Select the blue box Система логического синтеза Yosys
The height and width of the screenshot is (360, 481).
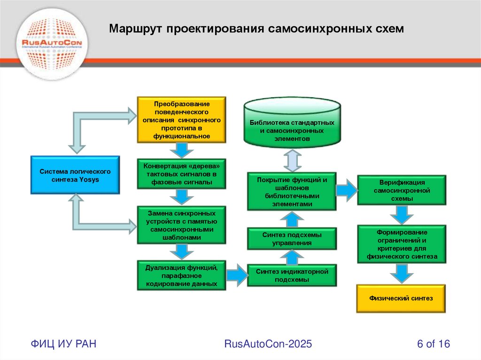pos(75,175)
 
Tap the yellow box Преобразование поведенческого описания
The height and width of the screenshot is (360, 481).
pos(181,120)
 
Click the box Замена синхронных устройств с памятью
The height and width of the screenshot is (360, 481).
pos(181,225)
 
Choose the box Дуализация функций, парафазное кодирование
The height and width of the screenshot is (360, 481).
pos(181,276)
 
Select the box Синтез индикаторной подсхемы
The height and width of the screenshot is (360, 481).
pos(292,275)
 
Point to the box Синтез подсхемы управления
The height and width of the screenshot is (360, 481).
pos(292,238)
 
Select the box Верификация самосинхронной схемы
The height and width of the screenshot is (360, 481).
pos(401,190)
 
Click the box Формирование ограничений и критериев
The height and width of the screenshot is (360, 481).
pos(401,244)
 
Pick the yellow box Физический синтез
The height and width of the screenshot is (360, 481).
pos(401,298)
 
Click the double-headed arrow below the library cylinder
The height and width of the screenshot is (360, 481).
pos(292,160)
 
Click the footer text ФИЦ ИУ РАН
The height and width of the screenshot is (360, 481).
pos(64,344)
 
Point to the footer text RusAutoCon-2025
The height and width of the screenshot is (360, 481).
pos(268,344)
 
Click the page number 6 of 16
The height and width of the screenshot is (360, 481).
pos(433,344)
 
